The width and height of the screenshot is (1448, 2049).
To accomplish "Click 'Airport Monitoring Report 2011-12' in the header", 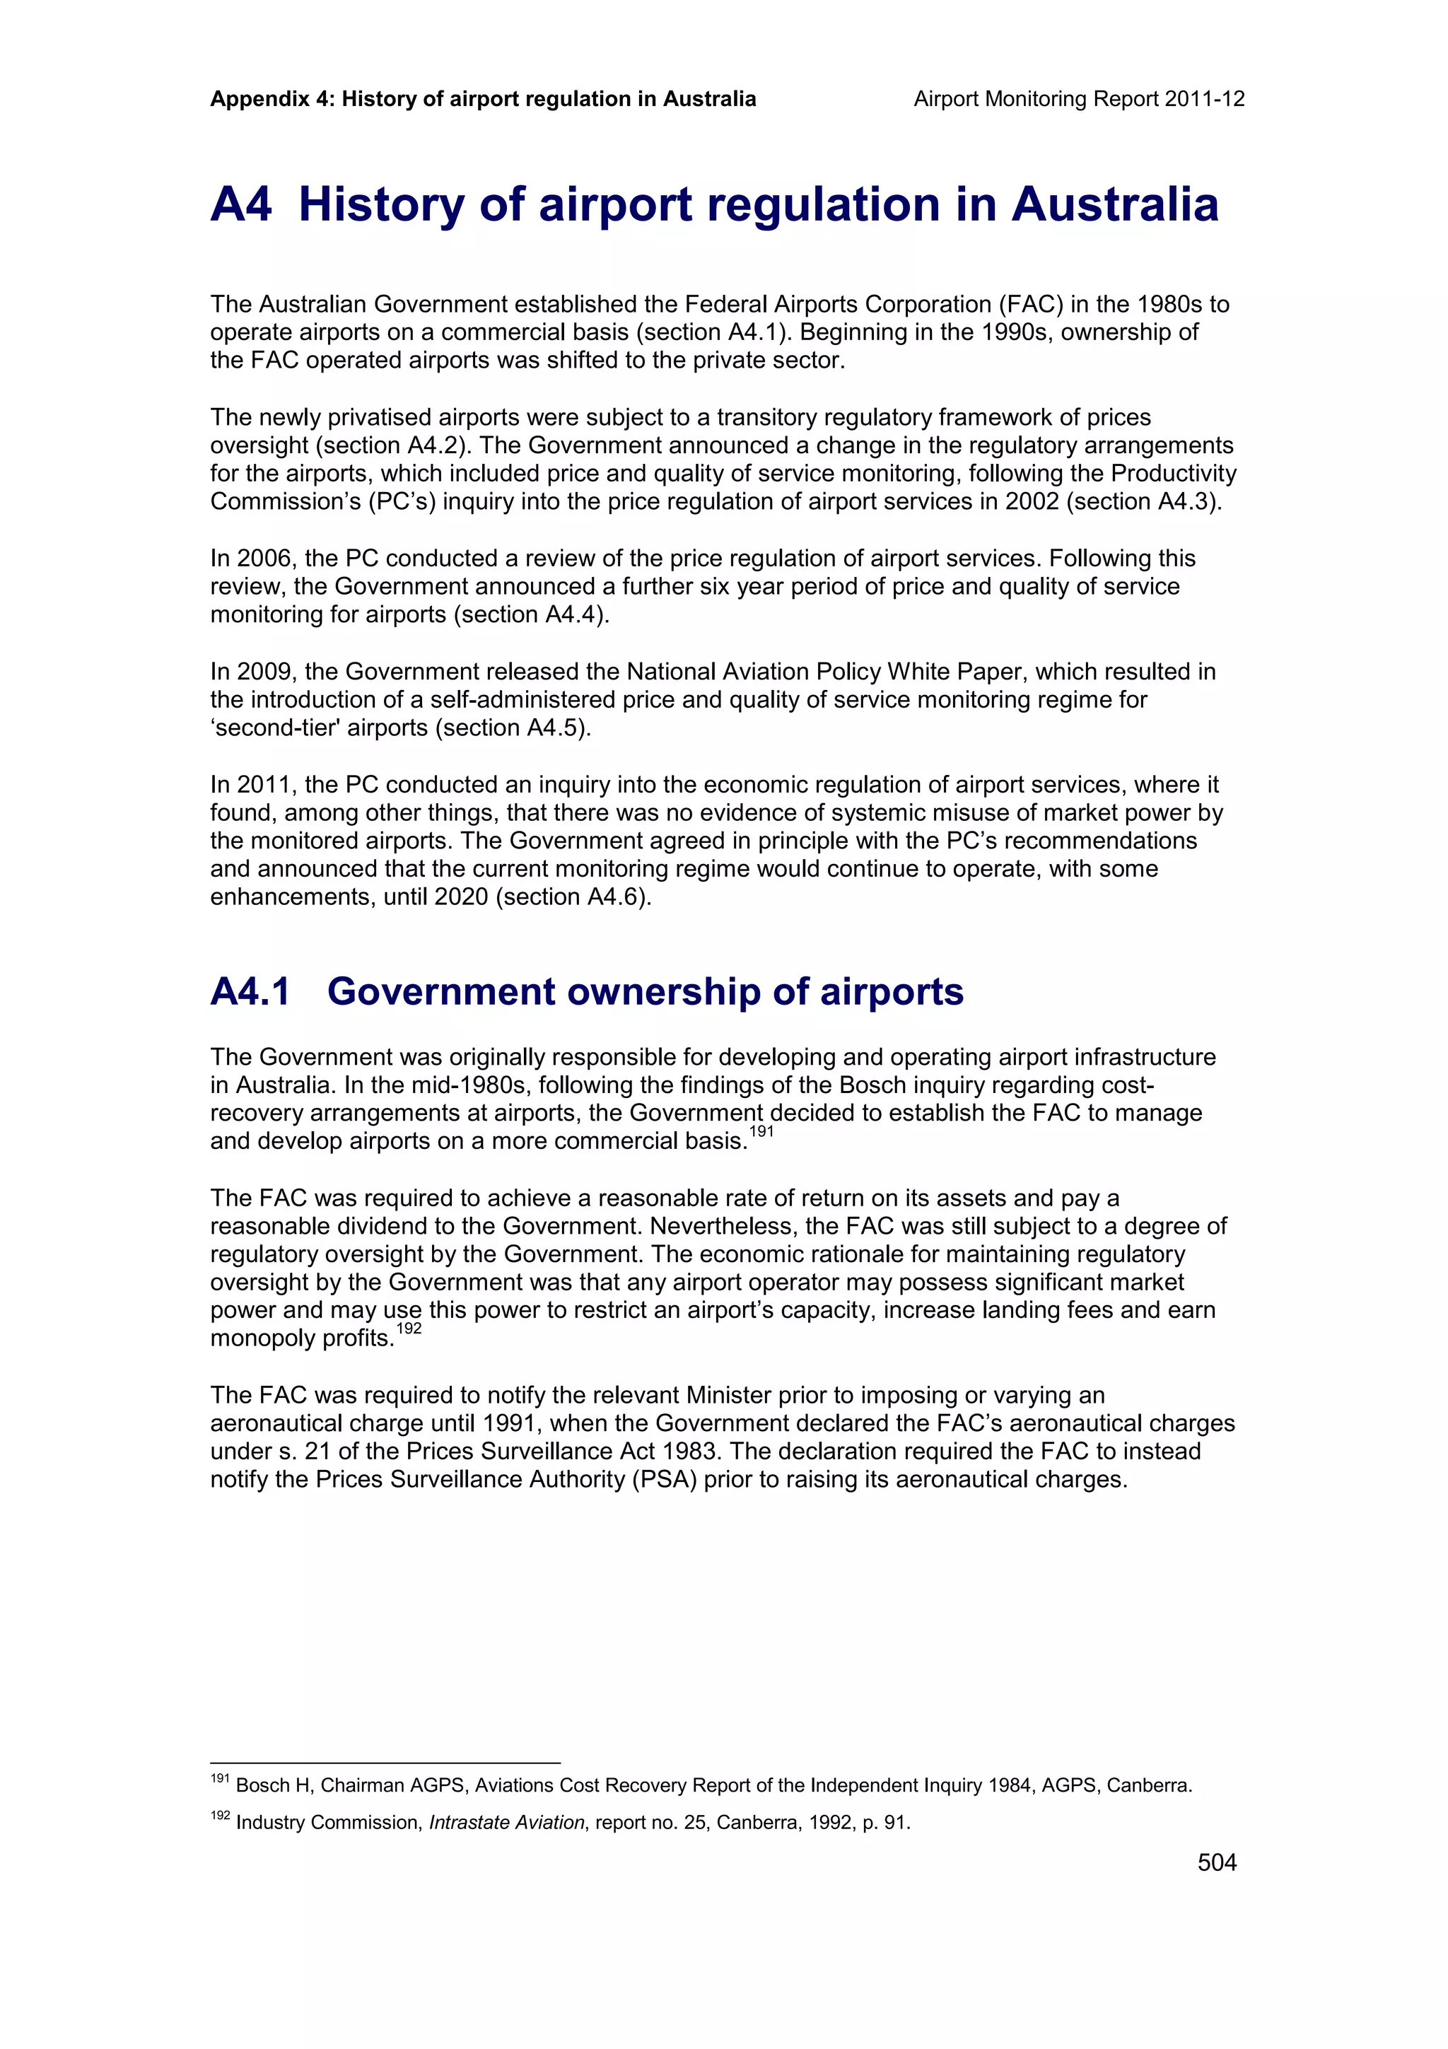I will pyautogui.click(x=1079, y=99).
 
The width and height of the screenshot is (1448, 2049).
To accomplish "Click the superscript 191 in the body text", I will pyautogui.click(x=761, y=1131).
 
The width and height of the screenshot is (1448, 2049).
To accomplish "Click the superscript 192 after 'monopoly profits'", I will pyautogui.click(x=409, y=1329).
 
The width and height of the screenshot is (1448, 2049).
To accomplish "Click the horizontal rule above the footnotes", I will pyautogui.click(x=385, y=1763).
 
